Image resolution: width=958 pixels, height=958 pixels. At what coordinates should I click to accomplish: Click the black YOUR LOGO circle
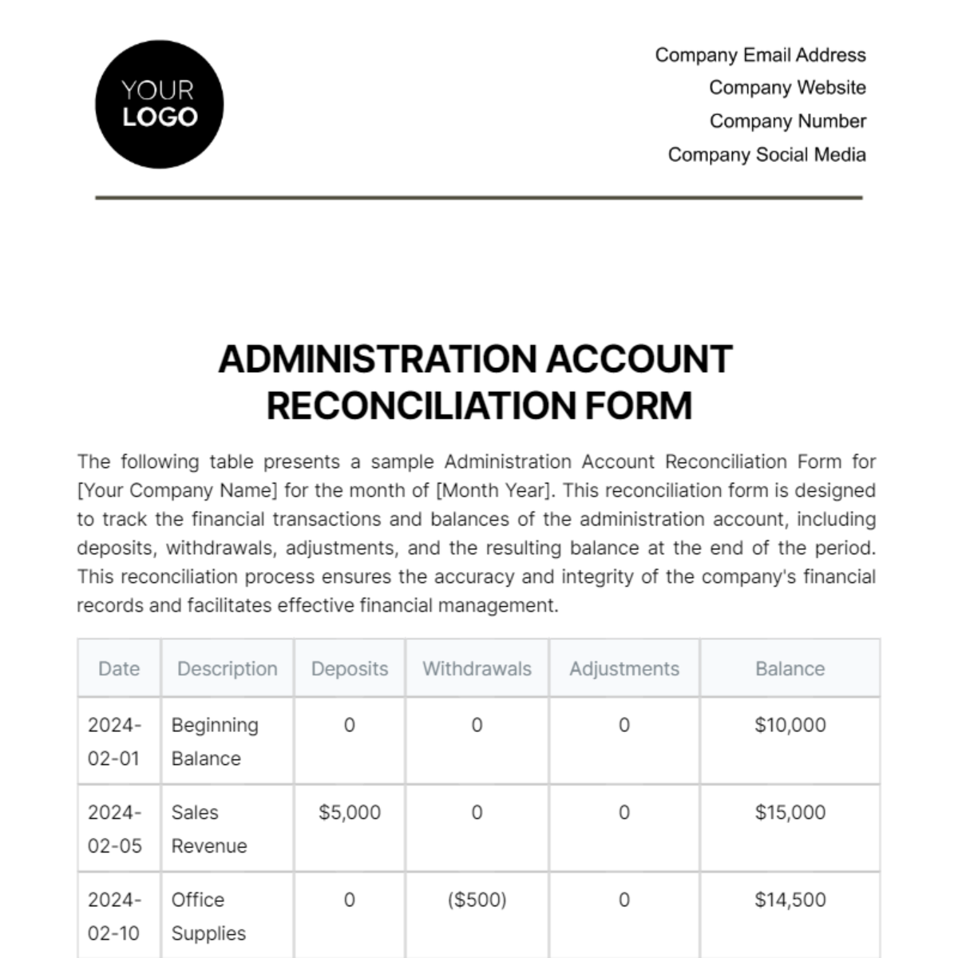click(x=159, y=105)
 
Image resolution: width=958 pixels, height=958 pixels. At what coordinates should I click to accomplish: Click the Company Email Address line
click(x=760, y=55)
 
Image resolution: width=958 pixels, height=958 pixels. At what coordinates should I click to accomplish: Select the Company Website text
click(x=787, y=88)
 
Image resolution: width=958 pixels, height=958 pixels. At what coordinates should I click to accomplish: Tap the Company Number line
click(x=787, y=121)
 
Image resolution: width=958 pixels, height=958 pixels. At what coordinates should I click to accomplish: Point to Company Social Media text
click(x=766, y=155)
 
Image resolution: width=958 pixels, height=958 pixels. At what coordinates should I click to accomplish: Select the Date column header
click(x=119, y=669)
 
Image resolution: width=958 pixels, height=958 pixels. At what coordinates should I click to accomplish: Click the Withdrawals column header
click(x=477, y=669)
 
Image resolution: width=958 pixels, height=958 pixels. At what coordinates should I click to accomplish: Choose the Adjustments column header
click(x=624, y=669)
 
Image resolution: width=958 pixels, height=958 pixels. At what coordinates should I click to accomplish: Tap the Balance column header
click(x=790, y=669)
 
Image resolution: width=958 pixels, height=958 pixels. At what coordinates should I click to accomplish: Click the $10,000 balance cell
click(x=790, y=725)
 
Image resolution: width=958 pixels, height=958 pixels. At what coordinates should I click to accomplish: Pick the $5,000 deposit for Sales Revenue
click(x=350, y=813)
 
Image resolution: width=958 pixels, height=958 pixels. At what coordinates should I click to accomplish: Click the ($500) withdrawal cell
click(x=477, y=900)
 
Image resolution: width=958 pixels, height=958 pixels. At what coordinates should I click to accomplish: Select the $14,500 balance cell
click(x=790, y=900)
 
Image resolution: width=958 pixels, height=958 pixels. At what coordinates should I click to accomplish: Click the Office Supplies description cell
click(x=208, y=916)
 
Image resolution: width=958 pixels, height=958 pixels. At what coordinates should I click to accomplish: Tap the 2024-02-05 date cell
click(x=115, y=829)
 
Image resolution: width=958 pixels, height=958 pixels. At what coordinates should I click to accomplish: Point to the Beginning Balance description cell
click(x=214, y=742)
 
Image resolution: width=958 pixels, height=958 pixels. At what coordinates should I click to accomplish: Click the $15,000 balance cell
click(x=790, y=813)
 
